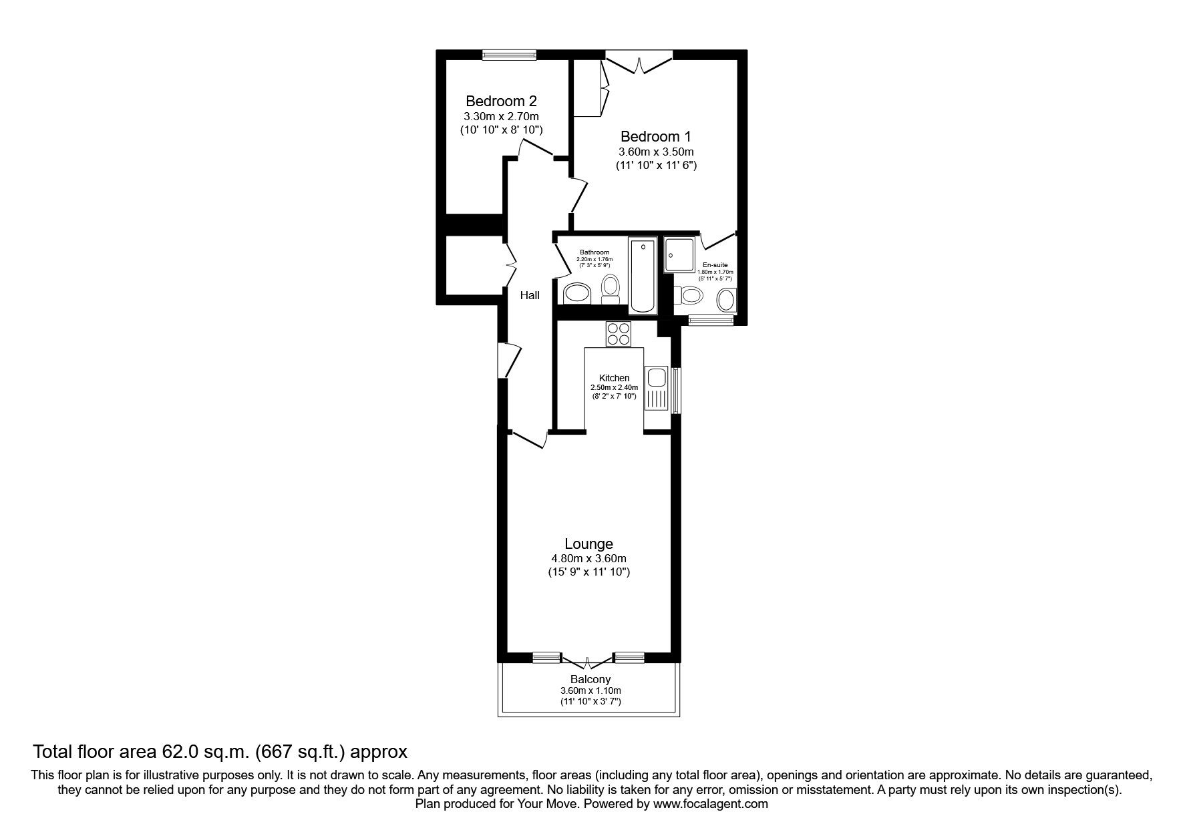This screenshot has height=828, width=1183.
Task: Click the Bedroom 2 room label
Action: click(x=500, y=101)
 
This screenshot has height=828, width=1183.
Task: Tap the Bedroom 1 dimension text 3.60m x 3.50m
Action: click(x=655, y=152)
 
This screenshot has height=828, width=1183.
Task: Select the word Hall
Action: click(x=530, y=295)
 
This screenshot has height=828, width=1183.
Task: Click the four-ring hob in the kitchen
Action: click(x=619, y=334)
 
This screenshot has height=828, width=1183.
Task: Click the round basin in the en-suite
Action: click(x=725, y=300)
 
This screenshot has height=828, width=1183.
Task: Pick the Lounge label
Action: click(x=588, y=544)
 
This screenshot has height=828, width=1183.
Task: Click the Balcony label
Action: click(x=590, y=680)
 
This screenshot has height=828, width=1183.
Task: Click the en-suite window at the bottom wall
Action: click(x=711, y=321)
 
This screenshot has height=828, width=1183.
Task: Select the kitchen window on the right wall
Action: click(x=676, y=391)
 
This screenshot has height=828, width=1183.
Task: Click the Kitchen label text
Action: click(x=614, y=378)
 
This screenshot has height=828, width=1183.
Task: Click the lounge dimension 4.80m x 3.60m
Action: click(x=588, y=558)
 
